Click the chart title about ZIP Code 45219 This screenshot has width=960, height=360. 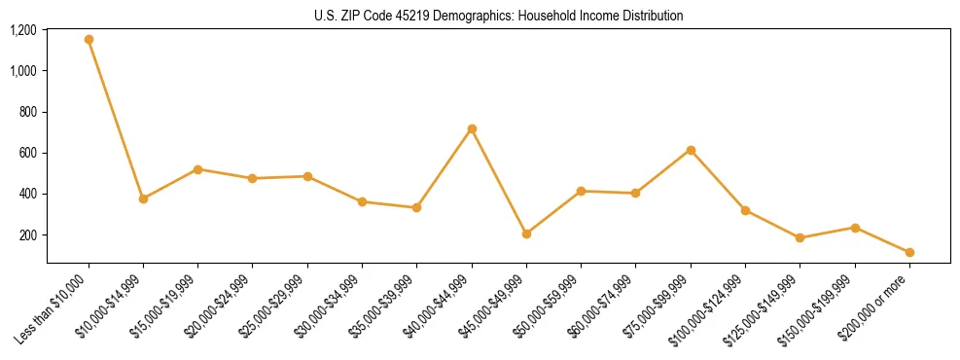(x=498, y=16)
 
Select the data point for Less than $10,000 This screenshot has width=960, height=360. (x=89, y=40)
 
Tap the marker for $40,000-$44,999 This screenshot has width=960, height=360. (x=472, y=128)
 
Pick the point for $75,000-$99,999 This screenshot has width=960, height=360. (x=691, y=150)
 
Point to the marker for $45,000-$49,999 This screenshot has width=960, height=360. (x=526, y=234)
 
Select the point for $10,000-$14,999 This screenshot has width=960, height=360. (x=143, y=198)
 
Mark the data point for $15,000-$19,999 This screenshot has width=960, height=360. (x=197, y=169)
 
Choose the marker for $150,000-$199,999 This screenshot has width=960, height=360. (x=855, y=228)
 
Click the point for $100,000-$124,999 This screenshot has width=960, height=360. (x=745, y=210)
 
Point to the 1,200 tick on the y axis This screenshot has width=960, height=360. (x=23, y=30)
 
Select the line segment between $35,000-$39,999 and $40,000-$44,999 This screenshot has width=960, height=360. (x=444, y=167)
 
